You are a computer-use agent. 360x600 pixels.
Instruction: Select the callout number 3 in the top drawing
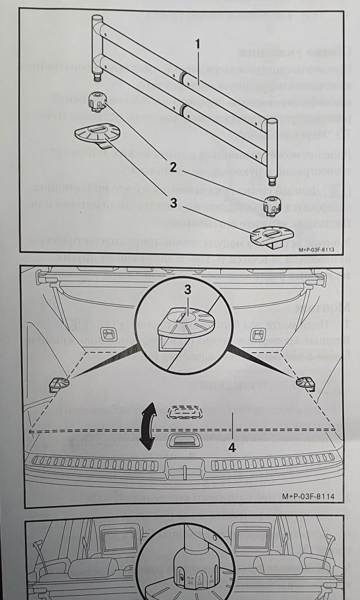pyautogui.click(x=173, y=204)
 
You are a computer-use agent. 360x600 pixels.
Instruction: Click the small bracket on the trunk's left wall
pyautogui.click(x=58, y=384)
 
